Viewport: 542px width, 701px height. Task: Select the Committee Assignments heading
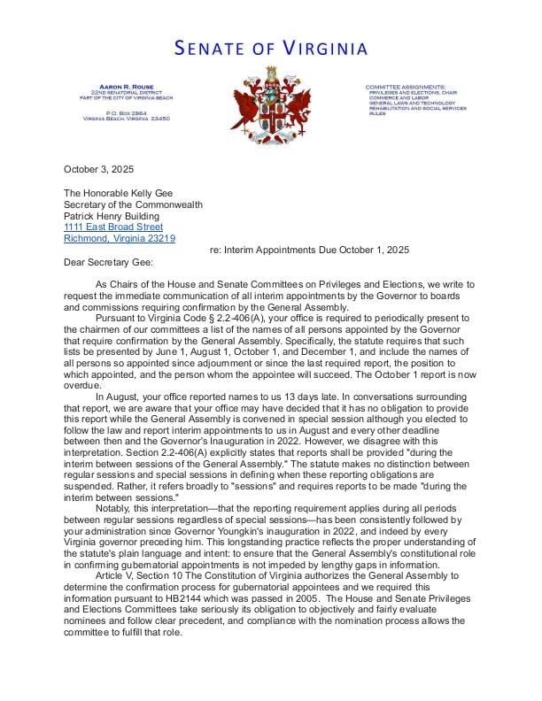click(406, 87)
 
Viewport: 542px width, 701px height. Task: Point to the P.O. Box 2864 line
click(127, 112)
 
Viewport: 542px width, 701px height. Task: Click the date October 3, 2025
click(99, 169)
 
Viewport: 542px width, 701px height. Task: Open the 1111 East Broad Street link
click(113, 227)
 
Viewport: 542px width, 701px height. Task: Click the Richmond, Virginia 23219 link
click(120, 238)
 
